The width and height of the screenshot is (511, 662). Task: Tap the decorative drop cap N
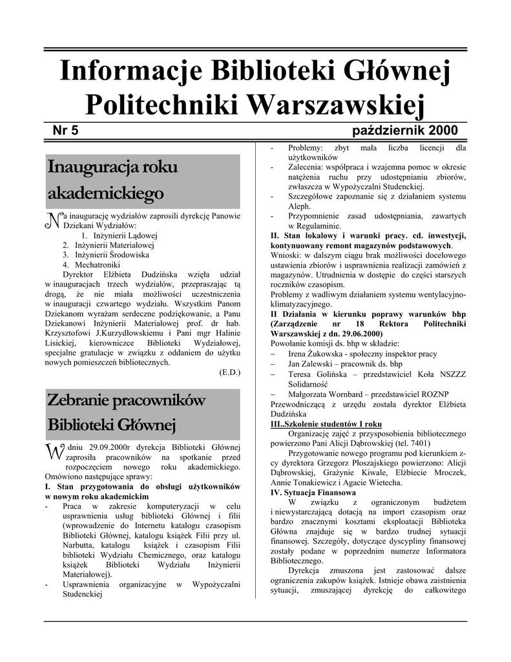click(x=50, y=220)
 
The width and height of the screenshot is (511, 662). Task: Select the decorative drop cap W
click(x=52, y=450)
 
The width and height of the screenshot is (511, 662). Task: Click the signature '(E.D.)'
click(x=230, y=372)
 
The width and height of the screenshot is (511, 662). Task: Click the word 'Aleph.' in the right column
click(x=300, y=206)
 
